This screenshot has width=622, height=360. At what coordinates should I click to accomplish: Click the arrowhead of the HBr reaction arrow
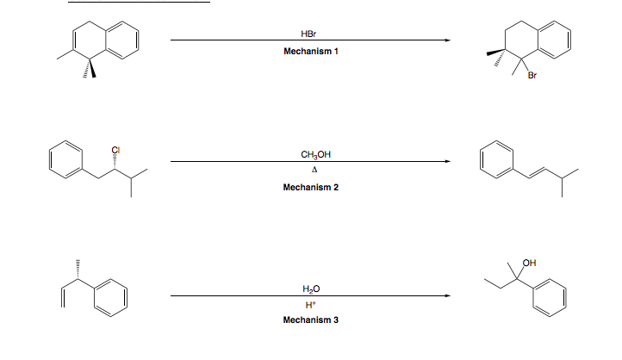445,40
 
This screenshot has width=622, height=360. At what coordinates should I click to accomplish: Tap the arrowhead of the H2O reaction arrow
445,296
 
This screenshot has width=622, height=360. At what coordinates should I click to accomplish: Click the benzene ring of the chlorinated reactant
64,161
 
